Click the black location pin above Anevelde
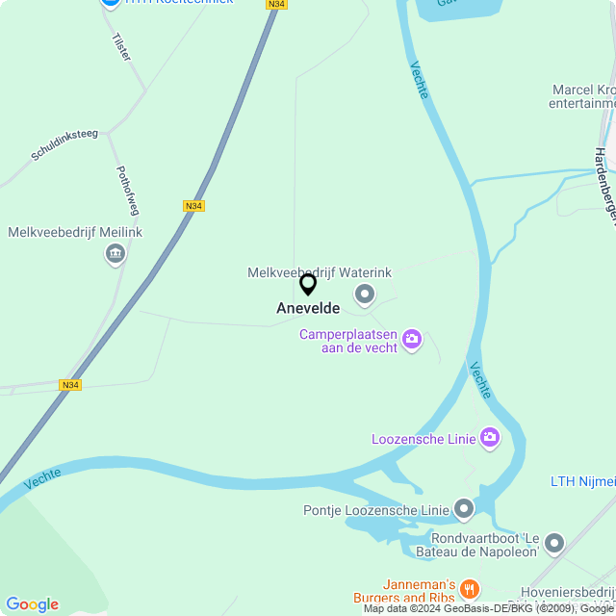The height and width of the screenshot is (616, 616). [308, 284]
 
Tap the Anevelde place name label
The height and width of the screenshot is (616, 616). [308, 309]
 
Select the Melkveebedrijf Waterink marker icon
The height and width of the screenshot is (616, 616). [365, 294]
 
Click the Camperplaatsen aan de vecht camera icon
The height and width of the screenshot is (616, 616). [412, 339]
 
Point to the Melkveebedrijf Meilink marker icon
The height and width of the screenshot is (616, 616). [115, 254]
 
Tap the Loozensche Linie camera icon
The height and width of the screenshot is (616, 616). [490, 439]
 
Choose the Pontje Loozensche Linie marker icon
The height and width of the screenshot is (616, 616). [464, 508]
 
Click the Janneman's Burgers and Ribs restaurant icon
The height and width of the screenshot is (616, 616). [470, 588]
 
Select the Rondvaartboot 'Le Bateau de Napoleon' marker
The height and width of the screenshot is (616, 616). [553, 545]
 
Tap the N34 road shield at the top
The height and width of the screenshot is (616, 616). [276, 5]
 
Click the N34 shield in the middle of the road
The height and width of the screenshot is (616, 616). [193, 206]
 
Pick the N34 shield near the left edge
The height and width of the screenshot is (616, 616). [69, 385]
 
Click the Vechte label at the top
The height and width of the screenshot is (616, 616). [419, 80]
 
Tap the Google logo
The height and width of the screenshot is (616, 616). [32, 604]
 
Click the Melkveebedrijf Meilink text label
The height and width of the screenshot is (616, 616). [75, 233]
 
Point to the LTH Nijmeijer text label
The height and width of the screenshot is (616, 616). [582, 481]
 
